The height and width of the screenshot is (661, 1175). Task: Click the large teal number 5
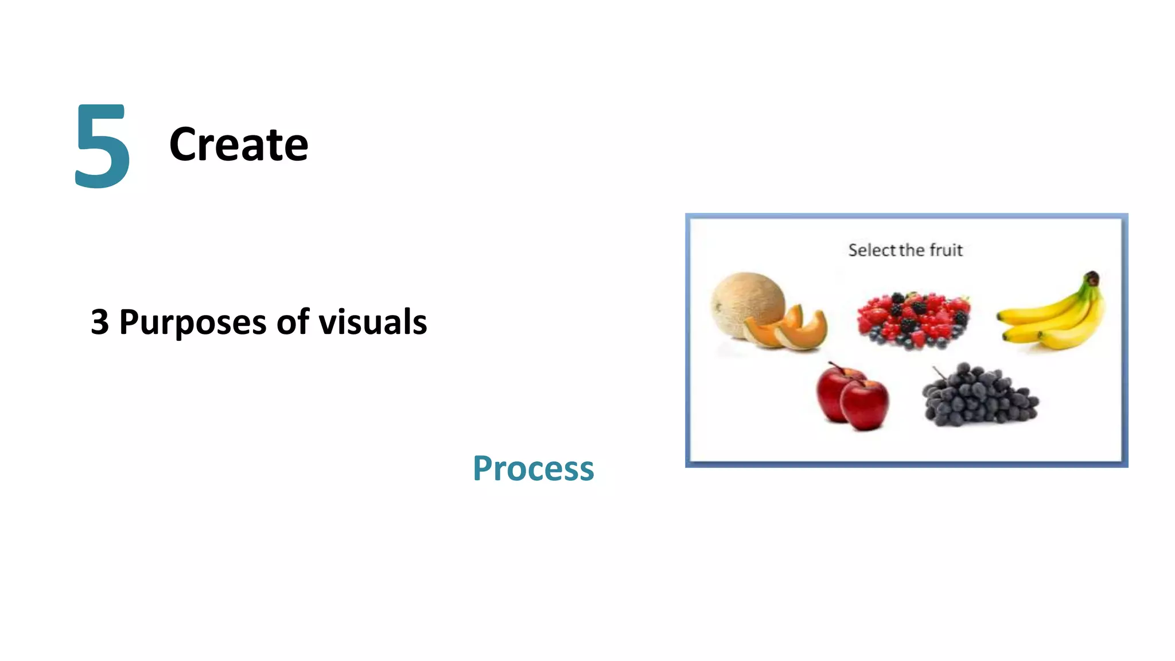point(103,146)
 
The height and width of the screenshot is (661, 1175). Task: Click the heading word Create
point(239,145)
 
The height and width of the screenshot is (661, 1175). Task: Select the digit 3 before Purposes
point(99,322)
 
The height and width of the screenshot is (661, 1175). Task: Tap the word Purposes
point(192,322)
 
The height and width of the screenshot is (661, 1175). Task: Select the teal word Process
point(533,469)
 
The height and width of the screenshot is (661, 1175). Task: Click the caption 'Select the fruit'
point(905,250)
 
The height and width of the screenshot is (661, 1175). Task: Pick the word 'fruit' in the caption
point(946,250)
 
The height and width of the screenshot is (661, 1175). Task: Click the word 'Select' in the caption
point(871,250)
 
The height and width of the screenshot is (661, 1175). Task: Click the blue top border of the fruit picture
point(906,216)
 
